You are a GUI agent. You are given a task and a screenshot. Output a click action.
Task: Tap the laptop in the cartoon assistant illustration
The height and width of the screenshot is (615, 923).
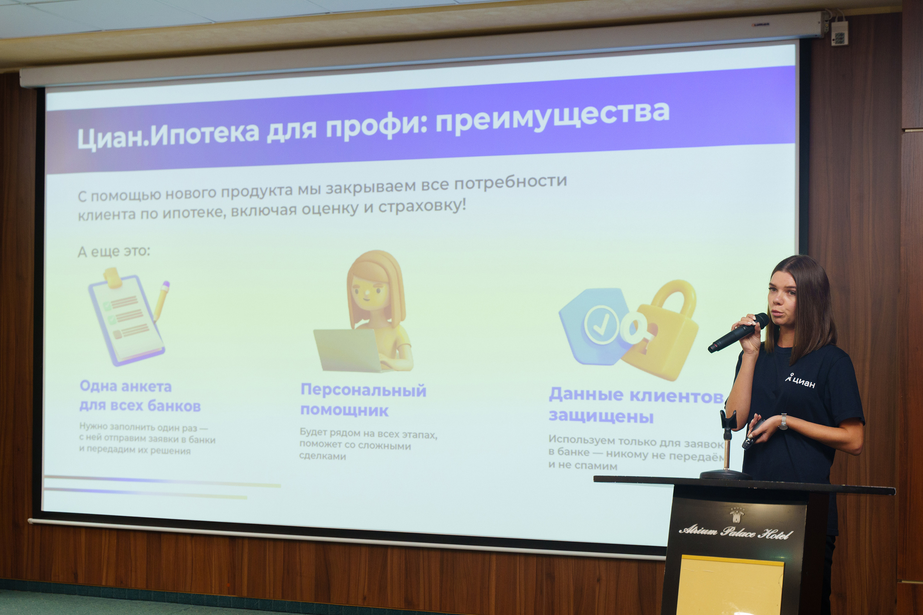pos(347,350)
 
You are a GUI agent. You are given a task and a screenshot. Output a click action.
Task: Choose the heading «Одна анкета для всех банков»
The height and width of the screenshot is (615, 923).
pos(140,396)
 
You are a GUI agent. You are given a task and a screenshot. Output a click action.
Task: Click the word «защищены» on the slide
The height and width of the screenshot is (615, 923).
pos(601,416)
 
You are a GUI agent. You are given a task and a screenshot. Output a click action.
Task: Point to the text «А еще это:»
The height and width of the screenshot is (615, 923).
pos(114,251)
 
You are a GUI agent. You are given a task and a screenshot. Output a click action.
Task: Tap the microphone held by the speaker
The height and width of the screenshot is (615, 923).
pos(737,333)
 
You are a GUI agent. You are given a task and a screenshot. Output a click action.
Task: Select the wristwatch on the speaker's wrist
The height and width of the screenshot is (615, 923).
pos(783,421)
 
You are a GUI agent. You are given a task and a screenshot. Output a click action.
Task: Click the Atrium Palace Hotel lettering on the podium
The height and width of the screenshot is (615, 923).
pos(736,532)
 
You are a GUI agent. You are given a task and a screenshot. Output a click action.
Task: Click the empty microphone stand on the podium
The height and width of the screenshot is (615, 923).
pos(726,447)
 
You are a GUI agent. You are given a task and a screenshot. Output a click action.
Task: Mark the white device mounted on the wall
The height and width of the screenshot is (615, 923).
pos(839,33)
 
